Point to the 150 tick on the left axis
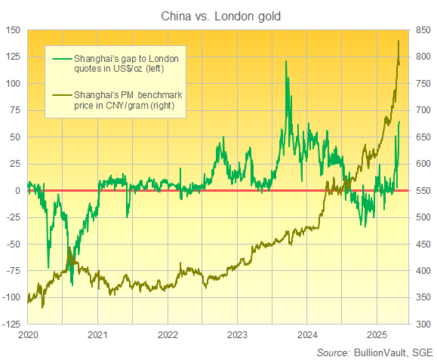coord(14,30)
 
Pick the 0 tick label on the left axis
coord(19,190)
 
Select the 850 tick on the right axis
coord(423,30)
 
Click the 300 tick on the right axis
coord(423,324)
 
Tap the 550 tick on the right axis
coord(423,190)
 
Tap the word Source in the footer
coord(331,352)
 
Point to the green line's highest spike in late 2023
coord(285,62)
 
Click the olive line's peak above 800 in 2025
coord(399,42)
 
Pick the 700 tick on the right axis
coord(423,110)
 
